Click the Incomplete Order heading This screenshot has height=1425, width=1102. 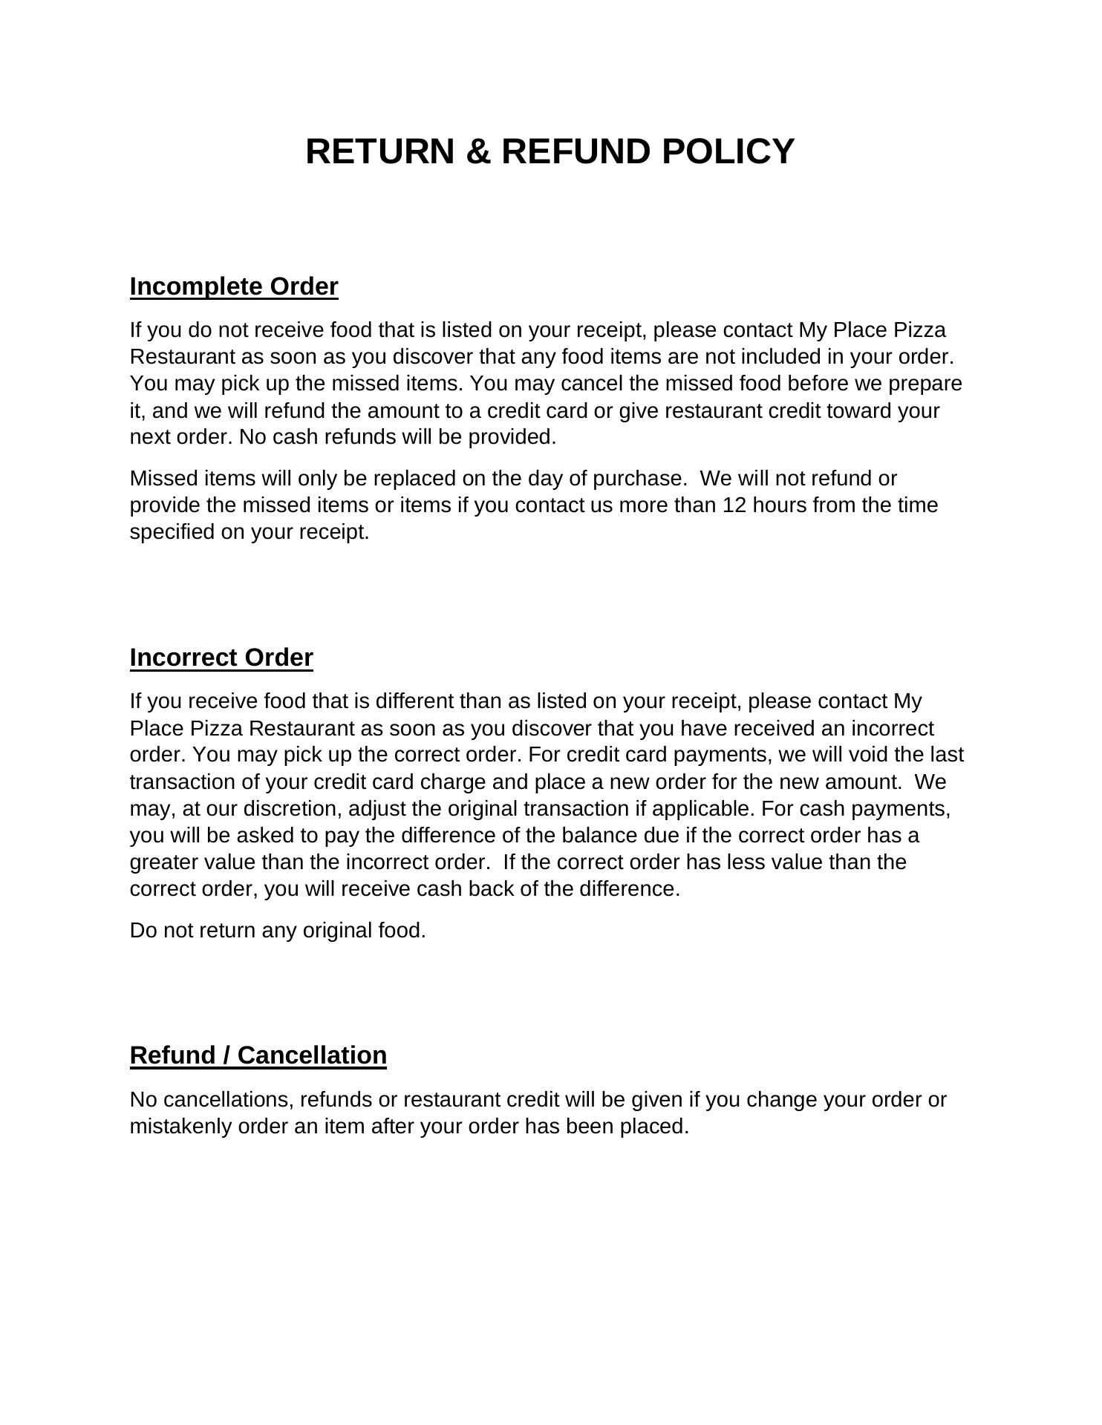pyautogui.click(x=234, y=286)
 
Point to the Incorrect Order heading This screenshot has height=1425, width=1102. pyautogui.click(x=221, y=658)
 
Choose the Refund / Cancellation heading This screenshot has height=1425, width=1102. pyautogui.click(x=258, y=1055)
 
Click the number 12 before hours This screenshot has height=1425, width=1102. pyautogui.click(x=734, y=505)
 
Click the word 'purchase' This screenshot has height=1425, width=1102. pyautogui.click(x=639, y=478)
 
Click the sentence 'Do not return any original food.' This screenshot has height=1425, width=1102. pyautogui.click(x=278, y=931)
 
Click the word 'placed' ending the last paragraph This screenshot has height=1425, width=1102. pyautogui.click(x=656, y=1127)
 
